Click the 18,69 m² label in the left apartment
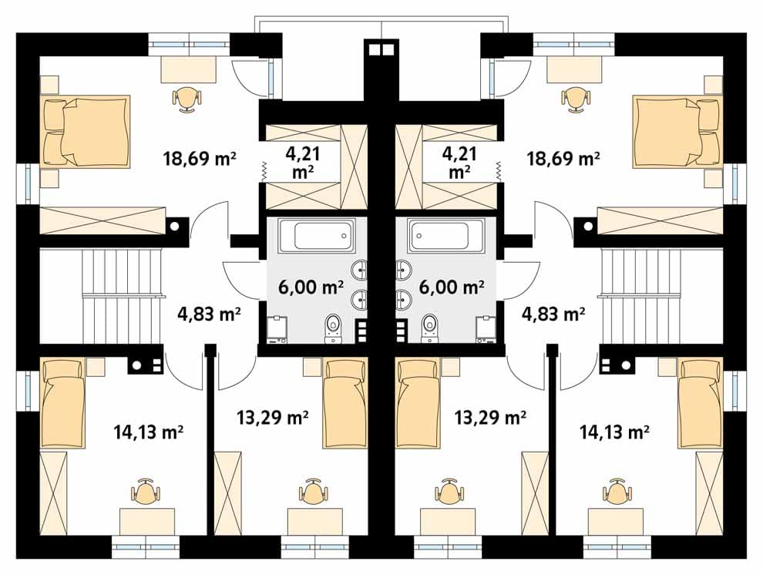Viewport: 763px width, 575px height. click(x=200, y=159)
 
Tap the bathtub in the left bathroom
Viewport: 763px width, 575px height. click(x=316, y=235)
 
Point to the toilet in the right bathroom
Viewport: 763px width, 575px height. click(x=429, y=327)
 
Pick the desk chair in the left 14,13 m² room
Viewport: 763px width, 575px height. click(x=145, y=492)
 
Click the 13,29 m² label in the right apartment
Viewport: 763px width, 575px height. click(x=490, y=417)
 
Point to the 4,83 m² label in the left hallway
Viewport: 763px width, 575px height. click(x=209, y=314)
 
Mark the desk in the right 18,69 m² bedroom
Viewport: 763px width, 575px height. click(x=575, y=69)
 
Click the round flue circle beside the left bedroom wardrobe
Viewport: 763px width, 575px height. click(x=173, y=226)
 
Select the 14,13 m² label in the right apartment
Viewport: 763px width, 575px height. click(x=614, y=431)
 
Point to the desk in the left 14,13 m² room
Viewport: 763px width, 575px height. click(x=147, y=522)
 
